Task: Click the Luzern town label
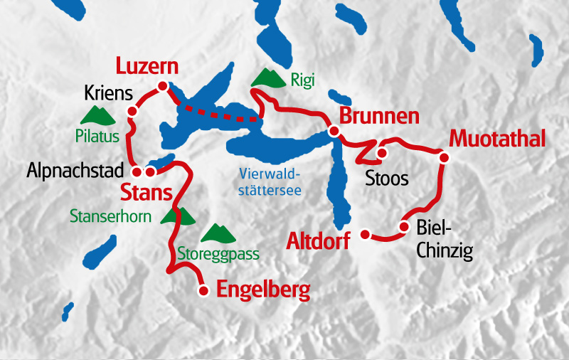click(147, 68)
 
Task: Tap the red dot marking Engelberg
click(203, 290)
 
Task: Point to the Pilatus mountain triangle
click(96, 114)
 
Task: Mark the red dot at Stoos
click(381, 152)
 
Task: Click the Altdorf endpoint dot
click(366, 234)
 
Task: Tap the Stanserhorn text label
click(110, 215)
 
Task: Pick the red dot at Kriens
click(132, 112)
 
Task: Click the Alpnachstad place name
click(76, 171)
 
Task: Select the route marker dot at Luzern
click(162, 86)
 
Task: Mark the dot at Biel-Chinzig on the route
click(403, 228)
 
